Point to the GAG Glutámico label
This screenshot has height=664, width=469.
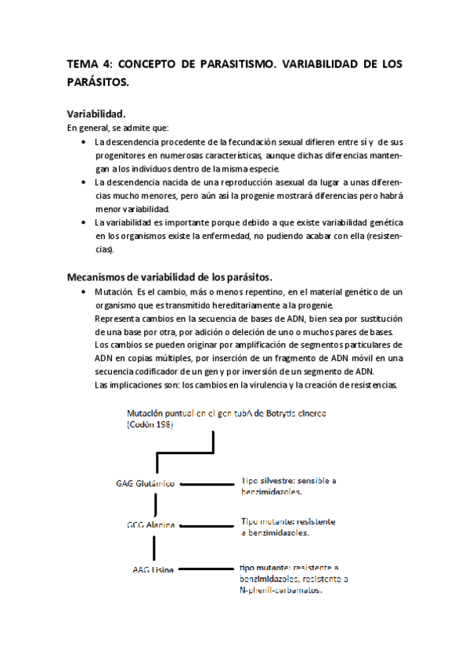tap(143, 485)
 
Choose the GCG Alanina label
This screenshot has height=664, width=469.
tap(151, 525)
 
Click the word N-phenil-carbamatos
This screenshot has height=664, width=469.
tap(282, 590)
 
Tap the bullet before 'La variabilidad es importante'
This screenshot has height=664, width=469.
tap(84, 222)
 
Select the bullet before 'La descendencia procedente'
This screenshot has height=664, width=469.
tap(84, 142)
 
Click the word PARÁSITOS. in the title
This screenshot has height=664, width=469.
tap(98, 81)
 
